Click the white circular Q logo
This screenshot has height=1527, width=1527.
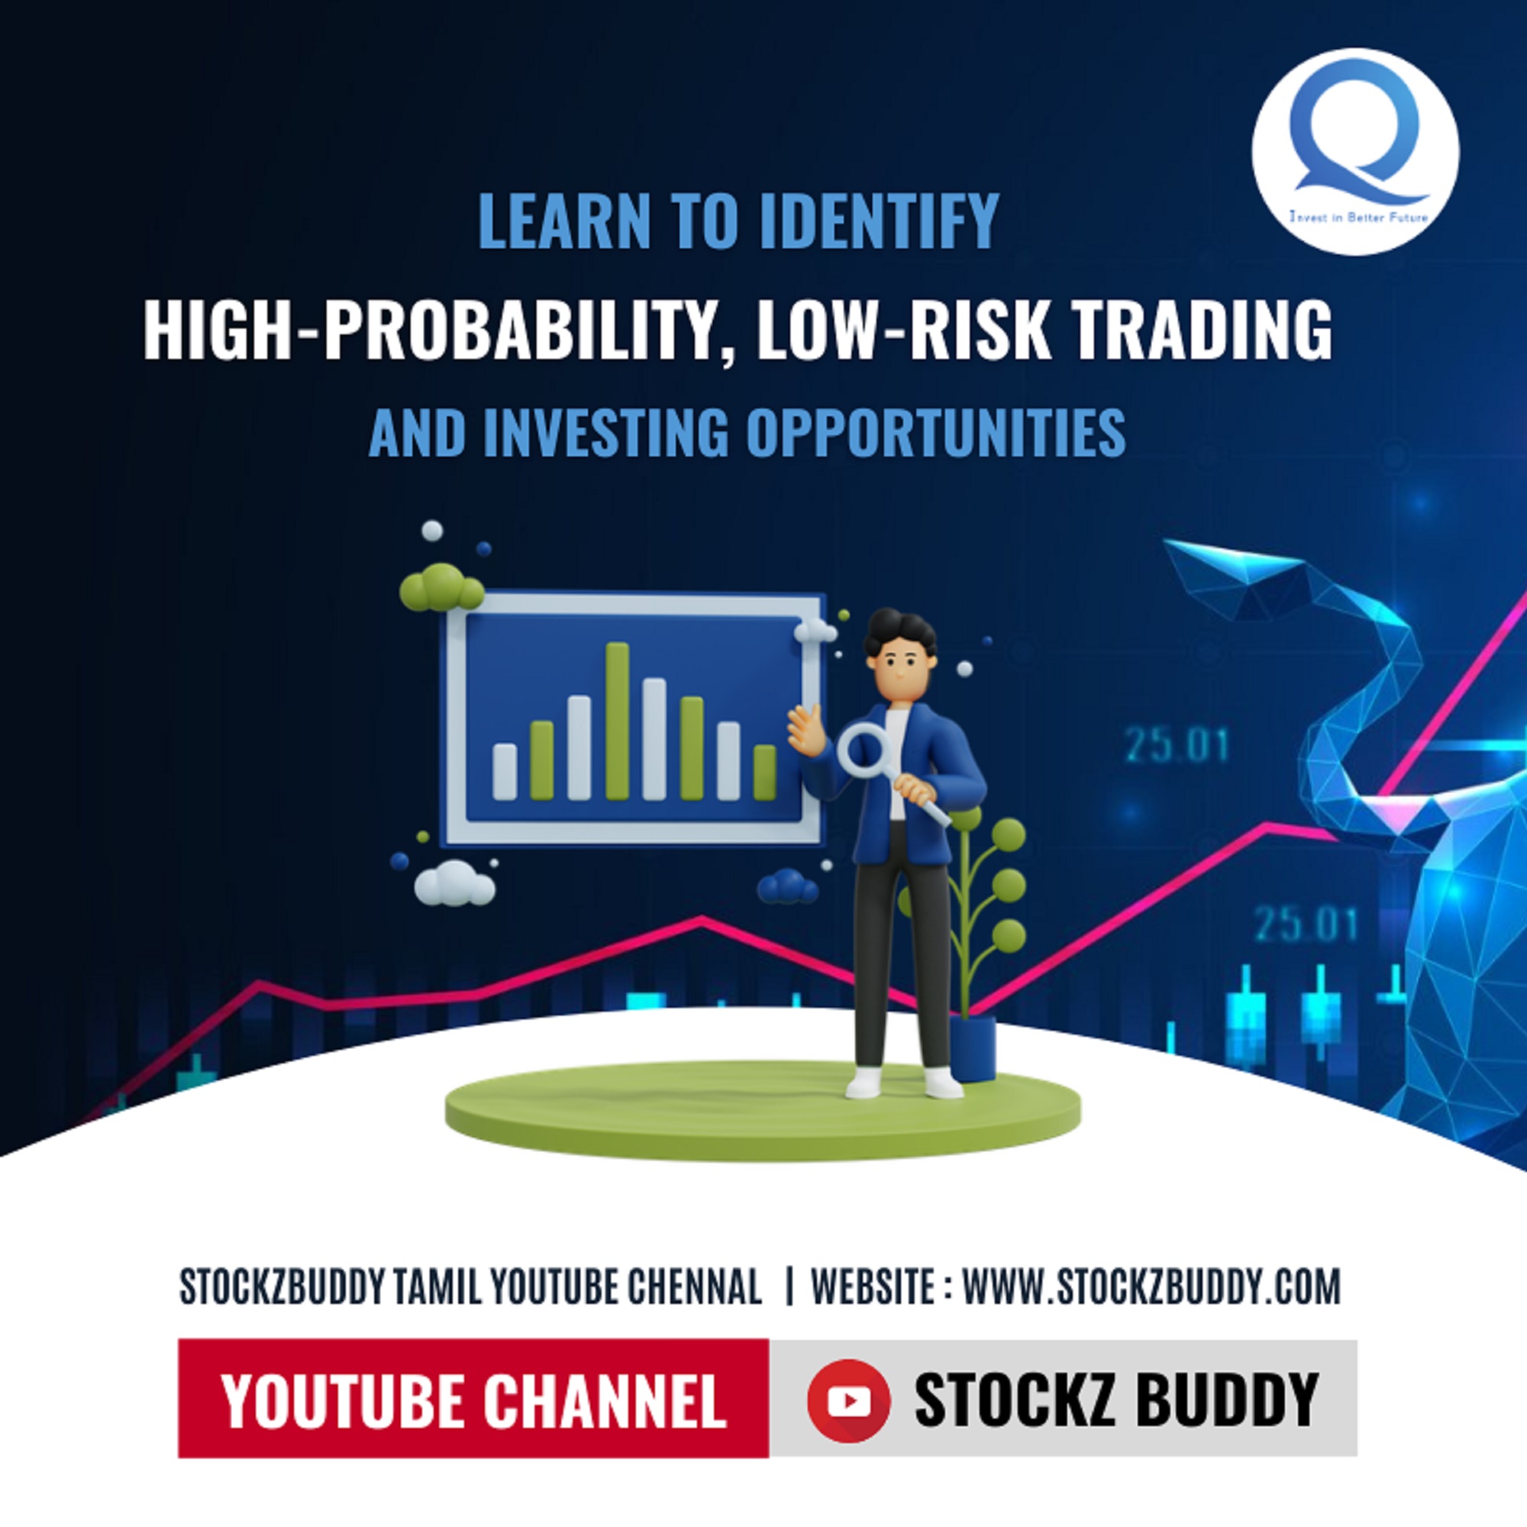(x=1354, y=152)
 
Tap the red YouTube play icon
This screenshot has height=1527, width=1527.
(x=848, y=1401)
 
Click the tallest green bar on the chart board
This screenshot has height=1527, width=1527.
(x=616, y=722)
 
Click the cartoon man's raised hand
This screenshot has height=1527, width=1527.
(x=806, y=728)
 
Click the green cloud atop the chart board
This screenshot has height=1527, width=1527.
(x=441, y=588)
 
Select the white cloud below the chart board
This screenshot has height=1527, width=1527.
(x=454, y=883)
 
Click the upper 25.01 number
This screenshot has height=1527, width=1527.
(x=1177, y=746)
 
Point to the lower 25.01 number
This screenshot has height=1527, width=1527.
(x=1306, y=925)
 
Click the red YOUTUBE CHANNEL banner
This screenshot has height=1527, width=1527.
(x=473, y=1401)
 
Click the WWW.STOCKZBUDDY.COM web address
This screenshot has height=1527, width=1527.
(x=1151, y=1287)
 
